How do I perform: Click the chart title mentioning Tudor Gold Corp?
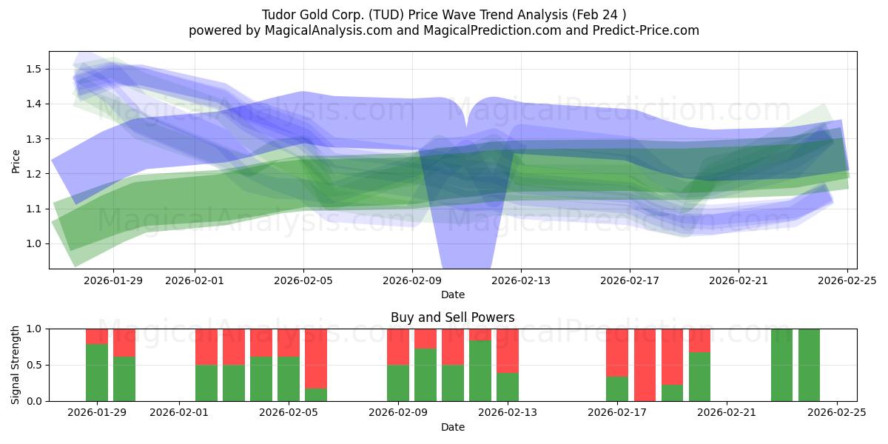[x=443, y=15]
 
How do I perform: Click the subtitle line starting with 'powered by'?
[x=443, y=30]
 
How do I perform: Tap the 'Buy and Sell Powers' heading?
[x=452, y=317]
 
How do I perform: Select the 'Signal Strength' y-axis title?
[x=16, y=364]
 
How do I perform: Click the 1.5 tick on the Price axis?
[x=33, y=69]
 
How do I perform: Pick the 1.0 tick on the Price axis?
[x=33, y=243]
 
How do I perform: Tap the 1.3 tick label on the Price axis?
[x=33, y=139]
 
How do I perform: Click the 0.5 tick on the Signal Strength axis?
[x=33, y=365]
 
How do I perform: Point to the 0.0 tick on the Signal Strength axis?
[x=33, y=401]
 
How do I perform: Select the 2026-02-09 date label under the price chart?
[x=412, y=280]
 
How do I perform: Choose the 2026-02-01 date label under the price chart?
[x=195, y=280]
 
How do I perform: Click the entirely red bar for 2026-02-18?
[x=645, y=365]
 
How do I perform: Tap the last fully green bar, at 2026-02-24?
[x=809, y=365]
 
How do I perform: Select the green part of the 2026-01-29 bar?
[x=97, y=372]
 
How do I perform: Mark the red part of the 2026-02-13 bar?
[x=508, y=351]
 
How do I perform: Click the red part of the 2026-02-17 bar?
[x=617, y=353]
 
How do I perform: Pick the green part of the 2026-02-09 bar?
[x=398, y=383]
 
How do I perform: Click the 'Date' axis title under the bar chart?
[x=452, y=427]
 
